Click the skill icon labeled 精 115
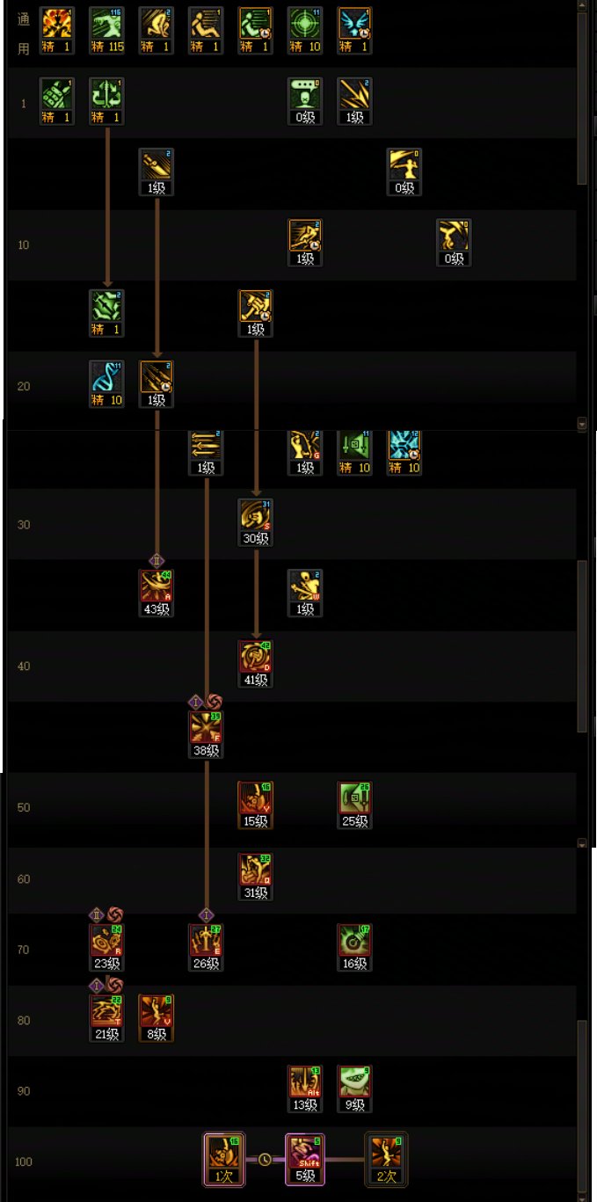(106, 25)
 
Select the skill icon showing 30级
(255, 516)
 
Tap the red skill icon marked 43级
(157, 587)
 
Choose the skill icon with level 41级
(255, 658)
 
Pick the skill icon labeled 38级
(206, 728)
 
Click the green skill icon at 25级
(354, 799)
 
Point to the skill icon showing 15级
(255, 799)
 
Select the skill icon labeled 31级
(255, 871)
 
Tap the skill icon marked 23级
(106, 941)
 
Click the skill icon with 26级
(206, 941)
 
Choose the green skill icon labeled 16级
(354, 941)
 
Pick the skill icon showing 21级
(106, 1012)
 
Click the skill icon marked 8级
(157, 1012)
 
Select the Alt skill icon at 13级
(304, 1082)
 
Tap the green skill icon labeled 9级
(354, 1082)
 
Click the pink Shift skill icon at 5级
(304, 1154)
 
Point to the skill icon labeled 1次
(223, 1154)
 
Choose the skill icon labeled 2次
(386, 1154)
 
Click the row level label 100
(24, 1162)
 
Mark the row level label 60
(24, 879)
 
